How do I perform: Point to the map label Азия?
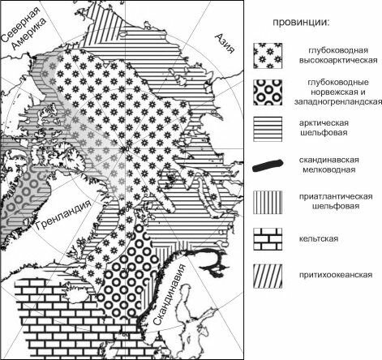pos(225,44)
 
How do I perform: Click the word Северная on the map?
pos(21,24)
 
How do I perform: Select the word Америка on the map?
pos(31,34)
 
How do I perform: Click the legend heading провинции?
pos(302,22)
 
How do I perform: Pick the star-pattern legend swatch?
pos(268,56)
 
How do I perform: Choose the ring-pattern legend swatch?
pos(268,92)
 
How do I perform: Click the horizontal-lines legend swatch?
pos(268,129)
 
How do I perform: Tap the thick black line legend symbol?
pos(268,165)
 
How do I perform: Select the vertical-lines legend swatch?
pos(268,203)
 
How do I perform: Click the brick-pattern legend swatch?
pos(268,239)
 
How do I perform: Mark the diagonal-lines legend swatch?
pos(268,276)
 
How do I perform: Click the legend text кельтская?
pos(319,239)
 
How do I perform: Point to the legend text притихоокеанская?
pos(336,275)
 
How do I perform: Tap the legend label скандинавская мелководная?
pos(329,165)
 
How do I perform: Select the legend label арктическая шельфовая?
pos(324,128)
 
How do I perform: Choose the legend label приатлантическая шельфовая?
pos(336,201)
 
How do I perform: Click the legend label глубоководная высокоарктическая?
pos(338,55)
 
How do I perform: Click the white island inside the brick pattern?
pos(76,294)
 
